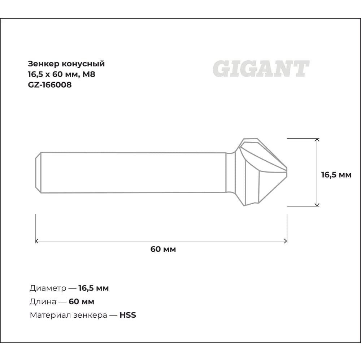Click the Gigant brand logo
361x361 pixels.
(261, 69)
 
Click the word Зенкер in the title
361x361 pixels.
(44, 64)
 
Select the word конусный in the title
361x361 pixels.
(84, 64)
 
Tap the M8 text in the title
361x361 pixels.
(89, 74)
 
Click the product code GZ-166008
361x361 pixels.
(50, 85)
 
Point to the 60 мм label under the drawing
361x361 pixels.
(163, 249)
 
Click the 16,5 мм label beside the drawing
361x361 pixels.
(336, 175)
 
